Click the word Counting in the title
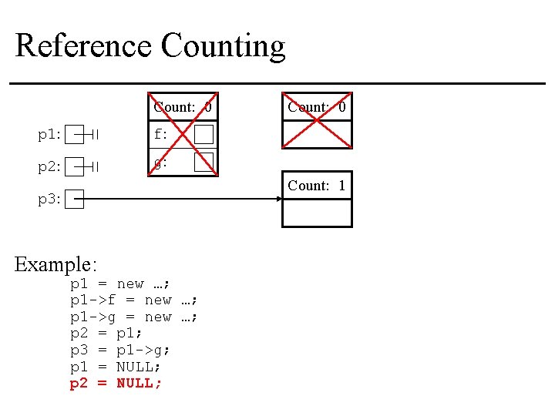(x=223, y=47)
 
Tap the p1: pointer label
(x=49, y=136)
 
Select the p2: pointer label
(x=49, y=166)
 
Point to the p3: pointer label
(x=49, y=200)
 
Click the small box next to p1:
(x=74, y=136)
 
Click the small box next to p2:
(x=74, y=166)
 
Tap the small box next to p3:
(x=74, y=200)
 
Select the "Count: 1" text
(x=317, y=186)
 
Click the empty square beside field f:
(x=203, y=135)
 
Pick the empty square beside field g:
(x=203, y=162)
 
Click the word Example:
(x=55, y=265)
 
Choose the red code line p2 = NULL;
(x=116, y=384)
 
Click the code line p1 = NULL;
(x=116, y=367)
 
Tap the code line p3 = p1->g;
(x=120, y=351)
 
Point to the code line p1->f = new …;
(x=135, y=300)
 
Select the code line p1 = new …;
(x=120, y=284)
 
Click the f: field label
(x=160, y=135)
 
